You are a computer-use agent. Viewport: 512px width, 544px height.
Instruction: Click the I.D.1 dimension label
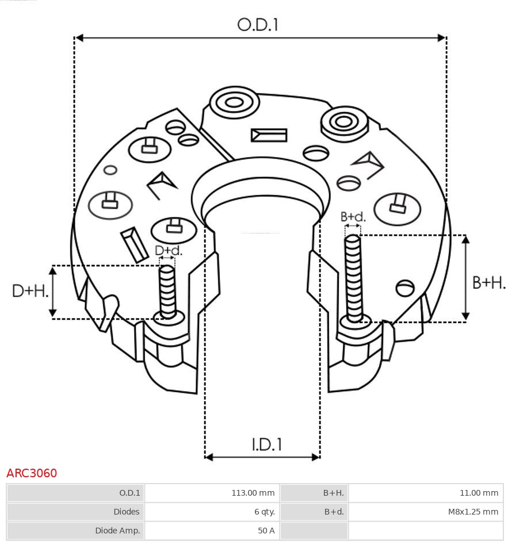[x=266, y=444]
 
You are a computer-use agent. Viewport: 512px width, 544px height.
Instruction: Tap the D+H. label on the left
[x=30, y=291]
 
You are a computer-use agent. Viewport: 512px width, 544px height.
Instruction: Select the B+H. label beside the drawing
[x=488, y=282]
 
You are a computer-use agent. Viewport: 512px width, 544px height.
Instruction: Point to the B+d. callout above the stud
[x=353, y=217]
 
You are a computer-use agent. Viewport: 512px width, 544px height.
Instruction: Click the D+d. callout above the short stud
[x=168, y=251]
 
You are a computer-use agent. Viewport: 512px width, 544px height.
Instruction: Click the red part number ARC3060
[x=32, y=473]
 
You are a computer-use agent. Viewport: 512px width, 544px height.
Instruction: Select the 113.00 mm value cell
[x=253, y=493]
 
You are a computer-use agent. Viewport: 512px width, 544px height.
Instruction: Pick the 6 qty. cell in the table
[x=264, y=512]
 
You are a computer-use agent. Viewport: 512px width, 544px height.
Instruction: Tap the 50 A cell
[x=266, y=531]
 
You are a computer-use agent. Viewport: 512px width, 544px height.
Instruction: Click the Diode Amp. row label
[x=117, y=531]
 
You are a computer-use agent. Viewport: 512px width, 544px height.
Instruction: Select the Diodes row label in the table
[x=126, y=512]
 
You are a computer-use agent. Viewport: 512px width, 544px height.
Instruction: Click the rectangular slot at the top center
[x=269, y=135]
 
